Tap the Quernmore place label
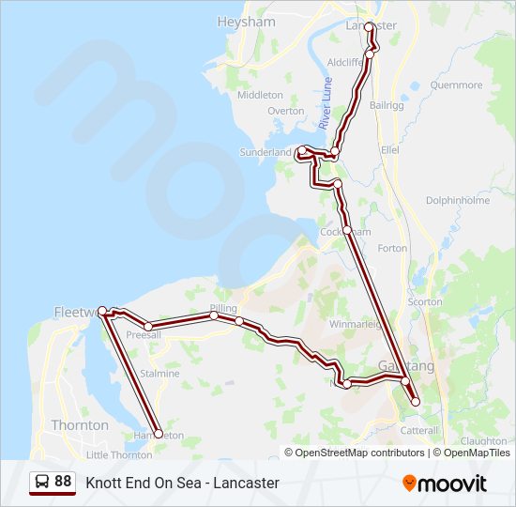click(456, 84)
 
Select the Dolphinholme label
click(458, 200)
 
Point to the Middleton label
click(260, 95)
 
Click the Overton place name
click(285, 111)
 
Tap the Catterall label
click(419, 430)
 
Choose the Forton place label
click(392, 249)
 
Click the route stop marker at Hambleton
click(158, 434)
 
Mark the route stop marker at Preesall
click(148, 327)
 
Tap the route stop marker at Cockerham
click(346, 230)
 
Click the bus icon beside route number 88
click(42, 482)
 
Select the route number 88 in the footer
click(63, 482)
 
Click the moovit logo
click(445, 484)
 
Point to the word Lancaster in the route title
click(246, 483)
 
